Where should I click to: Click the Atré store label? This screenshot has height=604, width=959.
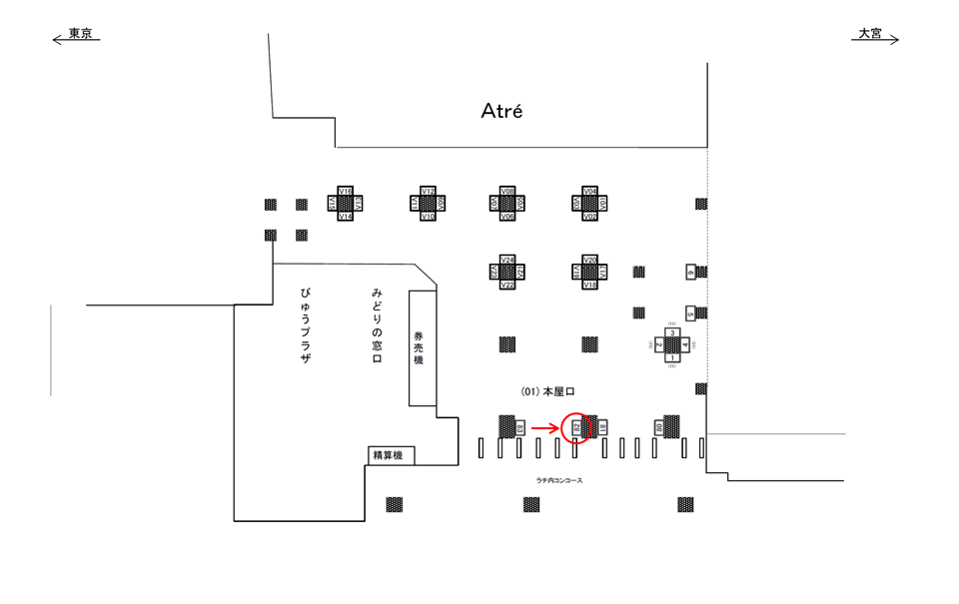tap(501, 111)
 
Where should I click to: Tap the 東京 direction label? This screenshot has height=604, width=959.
tap(79, 35)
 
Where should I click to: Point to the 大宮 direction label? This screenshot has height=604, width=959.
tap(870, 34)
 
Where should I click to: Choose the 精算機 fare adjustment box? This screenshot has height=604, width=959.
tap(388, 455)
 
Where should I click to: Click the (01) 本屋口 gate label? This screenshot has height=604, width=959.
tap(548, 393)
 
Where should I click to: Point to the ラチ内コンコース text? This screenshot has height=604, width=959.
tap(558, 480)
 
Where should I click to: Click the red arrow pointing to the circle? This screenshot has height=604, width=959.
tap(544, 428)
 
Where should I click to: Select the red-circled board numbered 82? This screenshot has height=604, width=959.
tap(576, 428)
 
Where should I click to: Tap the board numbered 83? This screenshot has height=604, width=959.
tap(520, 428)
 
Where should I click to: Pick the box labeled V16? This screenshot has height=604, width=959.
tap(346, 191)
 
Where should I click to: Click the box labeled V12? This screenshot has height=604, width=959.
tap(428, 191)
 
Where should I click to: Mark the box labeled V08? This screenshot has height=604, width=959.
tap(507, 191)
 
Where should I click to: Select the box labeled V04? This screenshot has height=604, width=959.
tap(589, 191)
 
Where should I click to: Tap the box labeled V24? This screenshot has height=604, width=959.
tap(507, 260)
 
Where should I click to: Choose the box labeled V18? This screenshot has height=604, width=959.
tap(589, 285)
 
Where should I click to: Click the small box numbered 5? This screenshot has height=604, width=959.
tap(689, 313)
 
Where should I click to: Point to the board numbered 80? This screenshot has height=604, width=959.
tap(659, 428)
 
